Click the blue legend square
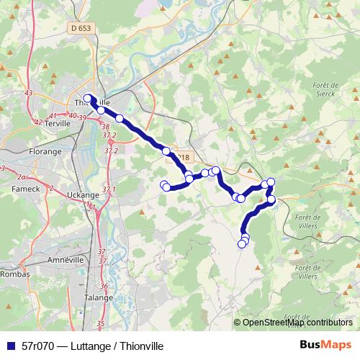tap(10, 345)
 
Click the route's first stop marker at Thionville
tap(88, 99)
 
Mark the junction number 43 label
tap(29, 94)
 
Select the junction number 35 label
tap(100, 324)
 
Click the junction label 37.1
tap(109, 189)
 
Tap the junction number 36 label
tap(104, 286)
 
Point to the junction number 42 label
tap(37, 122)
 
